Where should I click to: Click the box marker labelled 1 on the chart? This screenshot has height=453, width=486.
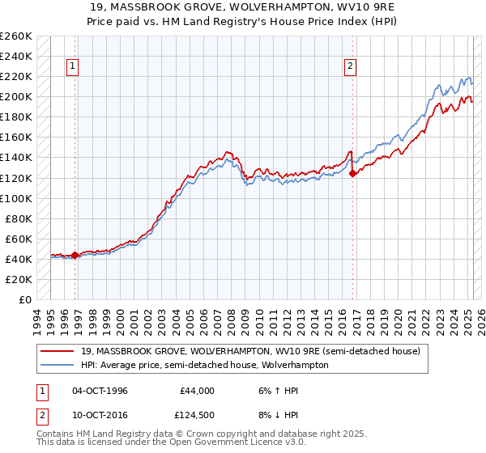coord(73,66)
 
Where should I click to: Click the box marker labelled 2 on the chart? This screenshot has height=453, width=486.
coord(351,66)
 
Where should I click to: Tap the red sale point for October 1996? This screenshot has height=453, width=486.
coord(75,255)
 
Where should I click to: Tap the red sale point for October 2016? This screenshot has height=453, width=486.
coord(353,173)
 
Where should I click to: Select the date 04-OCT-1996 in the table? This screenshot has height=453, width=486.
coord(100,391)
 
